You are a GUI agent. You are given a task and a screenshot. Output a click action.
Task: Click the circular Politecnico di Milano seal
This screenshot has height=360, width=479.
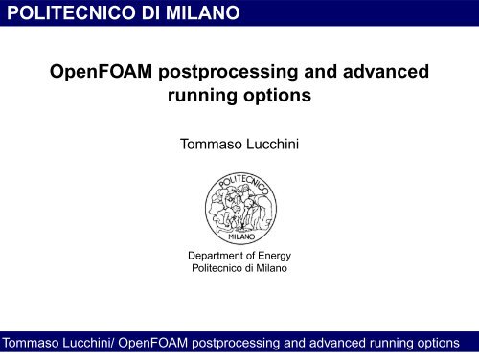(239, 208)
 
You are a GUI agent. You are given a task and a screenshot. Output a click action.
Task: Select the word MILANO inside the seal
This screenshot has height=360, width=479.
(239, 236)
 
